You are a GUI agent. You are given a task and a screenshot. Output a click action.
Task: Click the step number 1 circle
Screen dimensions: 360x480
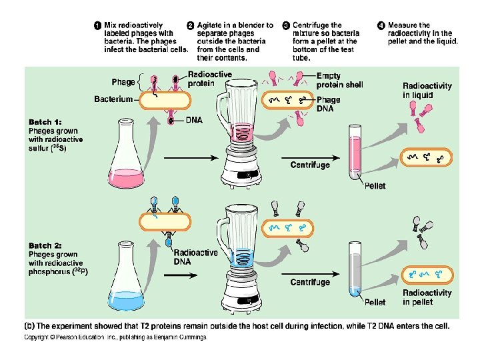pyautogui.click(x=98, y=25)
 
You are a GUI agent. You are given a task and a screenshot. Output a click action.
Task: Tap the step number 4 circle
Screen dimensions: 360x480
pyautogui.click(x=381, y=25)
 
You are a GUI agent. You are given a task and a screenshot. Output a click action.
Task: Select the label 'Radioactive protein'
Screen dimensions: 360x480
pyautogui.click(x=210, y=79)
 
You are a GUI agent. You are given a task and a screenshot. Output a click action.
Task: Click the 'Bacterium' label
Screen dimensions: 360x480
pyautogui.click(x=114, y=99)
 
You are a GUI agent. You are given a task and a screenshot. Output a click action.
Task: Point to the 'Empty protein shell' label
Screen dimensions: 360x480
pyautogui.click(x=340, y=81)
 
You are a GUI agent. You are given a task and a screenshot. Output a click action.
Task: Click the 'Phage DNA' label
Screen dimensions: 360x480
pyautogui.click(x=328, y=104)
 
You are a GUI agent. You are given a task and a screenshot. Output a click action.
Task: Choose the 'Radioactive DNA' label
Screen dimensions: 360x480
pyautogui.click(x=195, y=257)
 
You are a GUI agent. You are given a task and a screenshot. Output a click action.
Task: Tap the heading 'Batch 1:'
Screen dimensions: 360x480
pyautogui.click(x=45, y=122)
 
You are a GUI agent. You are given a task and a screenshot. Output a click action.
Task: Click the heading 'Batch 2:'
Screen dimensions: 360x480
pyautogui.click(x=45, y=245)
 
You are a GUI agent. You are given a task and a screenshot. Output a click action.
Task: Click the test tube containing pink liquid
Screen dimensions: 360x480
pyautogui.click(x=355, y=153)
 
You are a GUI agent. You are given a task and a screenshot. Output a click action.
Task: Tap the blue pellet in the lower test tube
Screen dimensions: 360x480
pyautogui.click(x=354, y=291)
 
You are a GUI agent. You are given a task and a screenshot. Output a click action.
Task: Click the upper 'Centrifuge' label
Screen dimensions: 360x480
pyautogui.click(x=309, y=165)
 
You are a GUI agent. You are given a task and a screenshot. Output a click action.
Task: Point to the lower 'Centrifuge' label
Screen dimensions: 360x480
pyautogui.click(x=309, y=282)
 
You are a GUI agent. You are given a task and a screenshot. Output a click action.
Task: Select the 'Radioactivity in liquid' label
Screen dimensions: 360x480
pyautogui.click(x=427, y=90)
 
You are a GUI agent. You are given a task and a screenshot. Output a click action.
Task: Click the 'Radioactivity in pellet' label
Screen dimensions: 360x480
pyautogui.click(x=427, y=297)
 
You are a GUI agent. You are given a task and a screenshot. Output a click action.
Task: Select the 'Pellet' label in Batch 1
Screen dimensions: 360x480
pyautogui.click(x=375, y=186)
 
